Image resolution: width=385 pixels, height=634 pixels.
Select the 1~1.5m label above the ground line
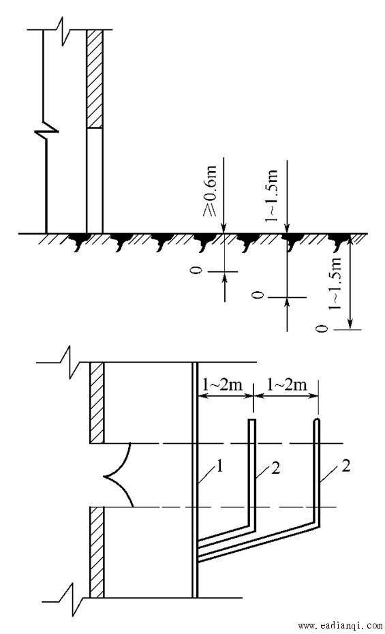[x=271, y=195]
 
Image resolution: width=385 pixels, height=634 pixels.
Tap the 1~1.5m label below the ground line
[x=335, y=282]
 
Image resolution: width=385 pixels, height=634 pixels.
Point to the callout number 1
[x=220, y=467]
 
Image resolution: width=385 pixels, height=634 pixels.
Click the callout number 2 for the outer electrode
[x=345, y=466]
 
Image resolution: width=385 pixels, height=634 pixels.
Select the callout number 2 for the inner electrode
[x=276, y=468]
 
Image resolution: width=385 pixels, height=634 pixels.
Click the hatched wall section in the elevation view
[x=95, y=79]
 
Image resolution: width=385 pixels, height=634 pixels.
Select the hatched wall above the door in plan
[x=97, y=403]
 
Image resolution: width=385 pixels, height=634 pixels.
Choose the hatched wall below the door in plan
[x=97, y=552]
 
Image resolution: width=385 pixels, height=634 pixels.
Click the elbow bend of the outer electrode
[x=317, y=524]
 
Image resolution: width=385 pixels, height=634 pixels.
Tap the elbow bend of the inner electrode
[x=252, y=526]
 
